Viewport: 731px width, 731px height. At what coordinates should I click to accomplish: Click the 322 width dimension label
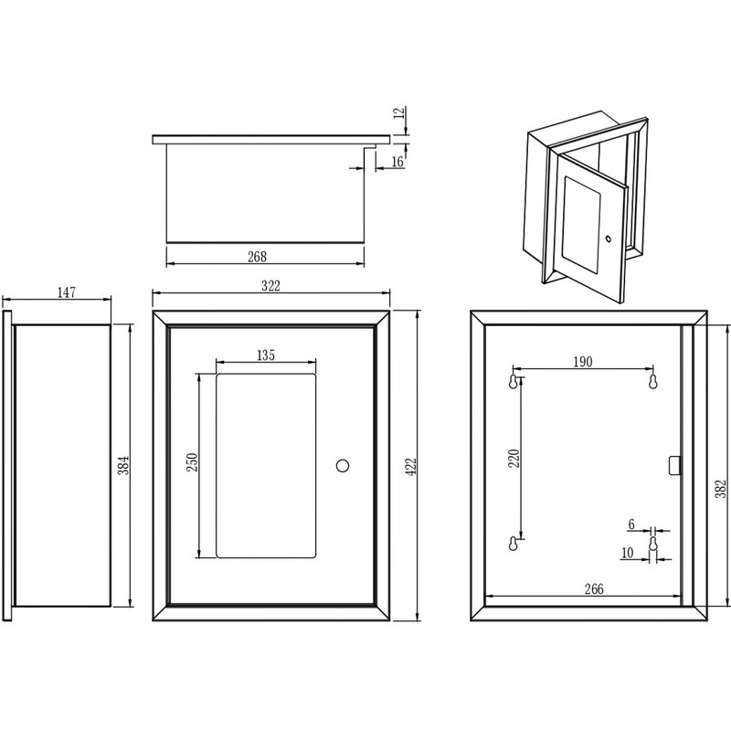(x=270, y=286)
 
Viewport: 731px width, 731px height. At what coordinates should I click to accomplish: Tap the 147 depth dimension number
(x=66, y=292)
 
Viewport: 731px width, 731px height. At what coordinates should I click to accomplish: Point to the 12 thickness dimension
(x=397, y=113)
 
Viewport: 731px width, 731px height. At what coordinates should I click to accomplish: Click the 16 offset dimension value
(x=397, y=162)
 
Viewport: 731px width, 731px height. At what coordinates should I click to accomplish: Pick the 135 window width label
(x=266, y=355)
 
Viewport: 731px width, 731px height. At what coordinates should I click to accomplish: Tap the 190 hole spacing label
(x=583, y=362)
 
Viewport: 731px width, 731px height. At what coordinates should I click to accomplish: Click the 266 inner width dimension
(x=594, y=589)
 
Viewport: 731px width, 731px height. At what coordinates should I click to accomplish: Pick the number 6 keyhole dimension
(x=630, y=524)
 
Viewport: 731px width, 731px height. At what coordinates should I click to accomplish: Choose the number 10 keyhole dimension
(x=627, y=553)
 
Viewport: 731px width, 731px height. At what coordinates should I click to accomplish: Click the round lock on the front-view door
(x=343, y=465)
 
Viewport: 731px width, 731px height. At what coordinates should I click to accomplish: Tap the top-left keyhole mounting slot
(x=514, y=381)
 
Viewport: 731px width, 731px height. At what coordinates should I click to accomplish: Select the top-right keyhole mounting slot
(x=652, y=381)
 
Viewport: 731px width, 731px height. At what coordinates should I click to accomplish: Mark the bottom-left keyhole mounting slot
(x=514, y=545)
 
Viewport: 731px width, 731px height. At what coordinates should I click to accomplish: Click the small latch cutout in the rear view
(x=674, y=465)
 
